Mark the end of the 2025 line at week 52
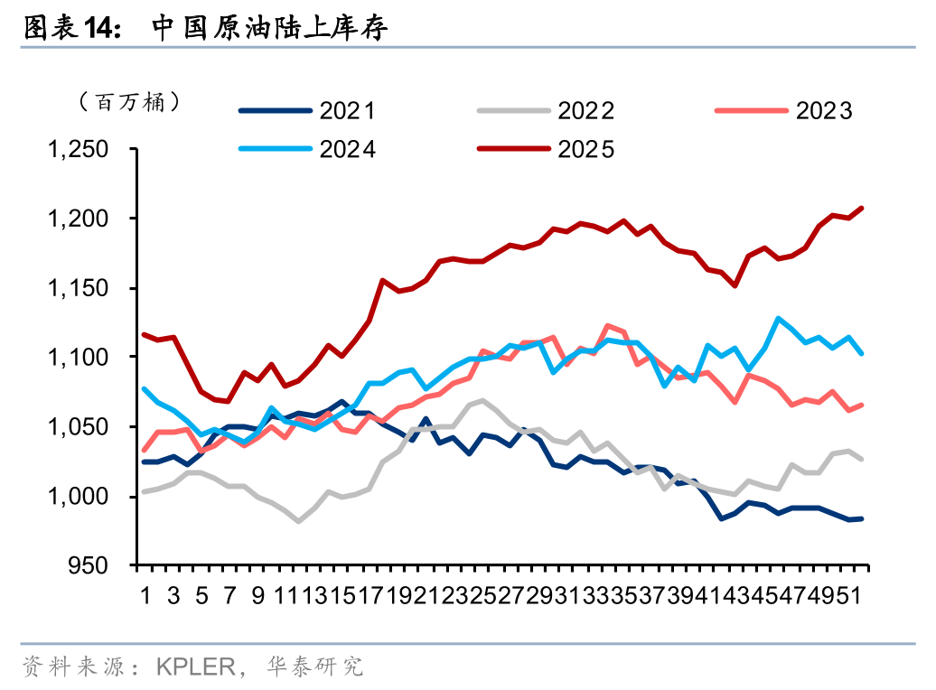861,209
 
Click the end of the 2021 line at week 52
861,518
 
